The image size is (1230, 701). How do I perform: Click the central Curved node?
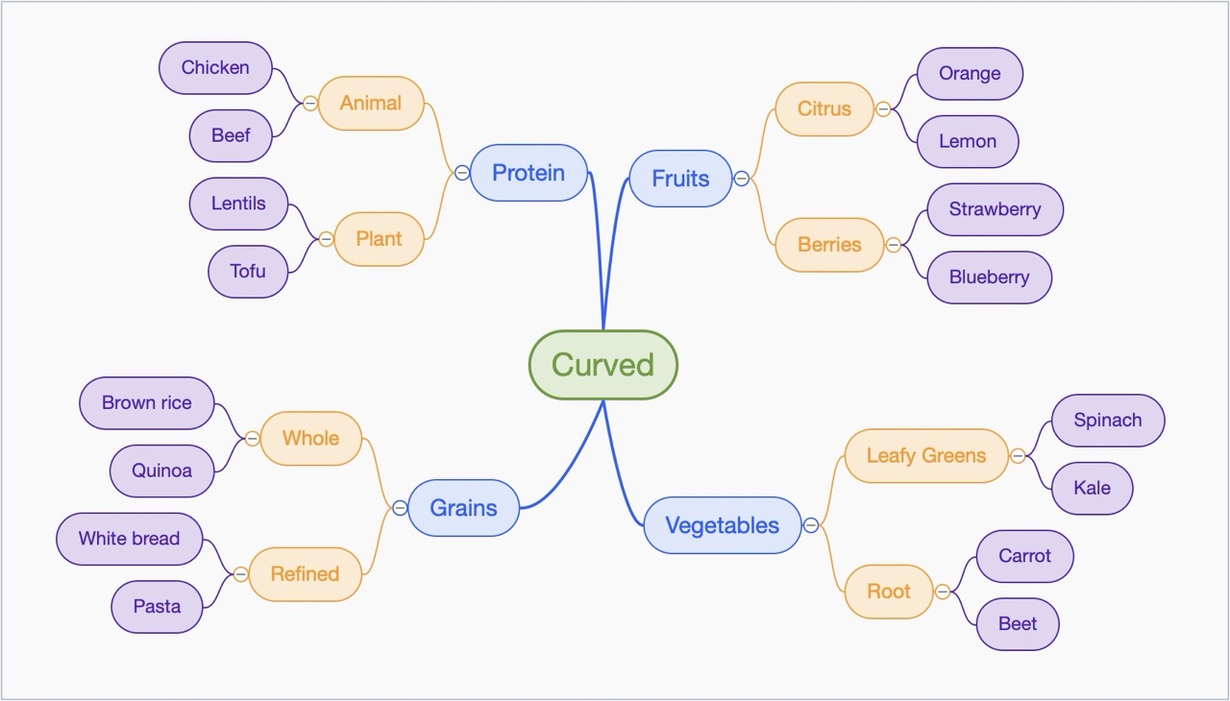603,365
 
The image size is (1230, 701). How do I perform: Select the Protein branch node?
528,173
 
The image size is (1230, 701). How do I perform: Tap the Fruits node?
680,179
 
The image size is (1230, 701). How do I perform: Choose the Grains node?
463,508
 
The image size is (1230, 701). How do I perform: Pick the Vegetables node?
722,525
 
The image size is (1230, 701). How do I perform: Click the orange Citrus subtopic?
824,109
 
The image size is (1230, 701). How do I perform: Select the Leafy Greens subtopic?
926,455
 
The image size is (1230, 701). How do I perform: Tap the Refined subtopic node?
305,574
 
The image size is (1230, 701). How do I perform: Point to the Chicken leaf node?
215,67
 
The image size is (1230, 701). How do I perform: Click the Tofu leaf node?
248,271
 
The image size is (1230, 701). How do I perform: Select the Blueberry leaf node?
989,278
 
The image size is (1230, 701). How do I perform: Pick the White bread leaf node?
129,539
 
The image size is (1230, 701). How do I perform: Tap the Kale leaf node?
1092,488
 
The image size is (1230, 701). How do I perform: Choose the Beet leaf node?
1018,624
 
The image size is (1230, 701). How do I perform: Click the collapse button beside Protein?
462,173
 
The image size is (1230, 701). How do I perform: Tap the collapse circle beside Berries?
894,245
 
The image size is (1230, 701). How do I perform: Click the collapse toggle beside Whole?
253,439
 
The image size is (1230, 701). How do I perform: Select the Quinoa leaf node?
161,471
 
